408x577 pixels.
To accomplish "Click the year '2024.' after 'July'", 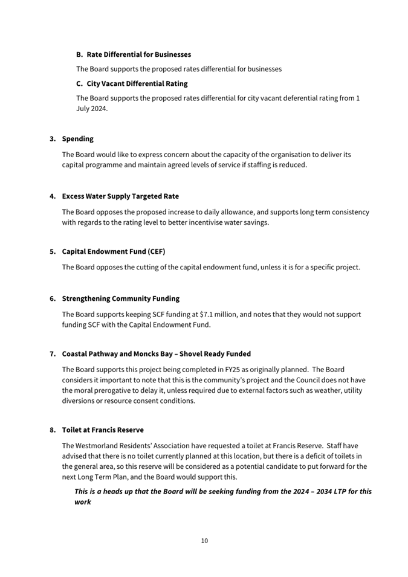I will click(x=98, y=109).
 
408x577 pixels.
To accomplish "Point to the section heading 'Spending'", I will click(x=77, y=139).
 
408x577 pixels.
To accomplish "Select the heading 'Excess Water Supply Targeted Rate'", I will click(x=120, y=196).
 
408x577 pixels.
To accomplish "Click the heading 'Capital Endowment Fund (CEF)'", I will click(x=113, y=251).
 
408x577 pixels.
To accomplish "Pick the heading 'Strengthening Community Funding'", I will click(x=120, y=298).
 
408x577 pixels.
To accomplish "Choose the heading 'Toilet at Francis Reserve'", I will click(x=103, y=430).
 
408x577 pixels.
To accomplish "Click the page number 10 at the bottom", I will click(x=204, y=541).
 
